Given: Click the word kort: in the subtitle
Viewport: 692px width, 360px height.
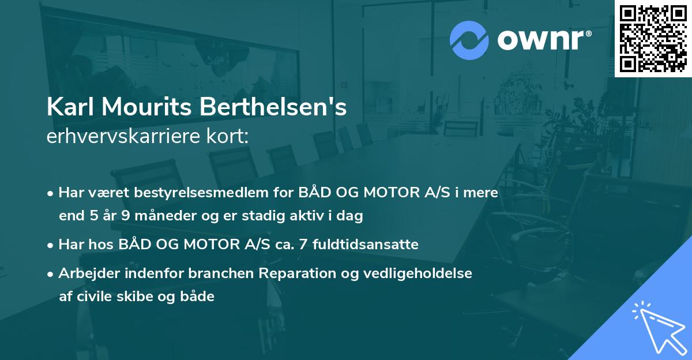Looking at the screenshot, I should click(x=230, y=136).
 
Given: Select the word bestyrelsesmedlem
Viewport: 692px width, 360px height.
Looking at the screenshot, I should click(x=193, y=192).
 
